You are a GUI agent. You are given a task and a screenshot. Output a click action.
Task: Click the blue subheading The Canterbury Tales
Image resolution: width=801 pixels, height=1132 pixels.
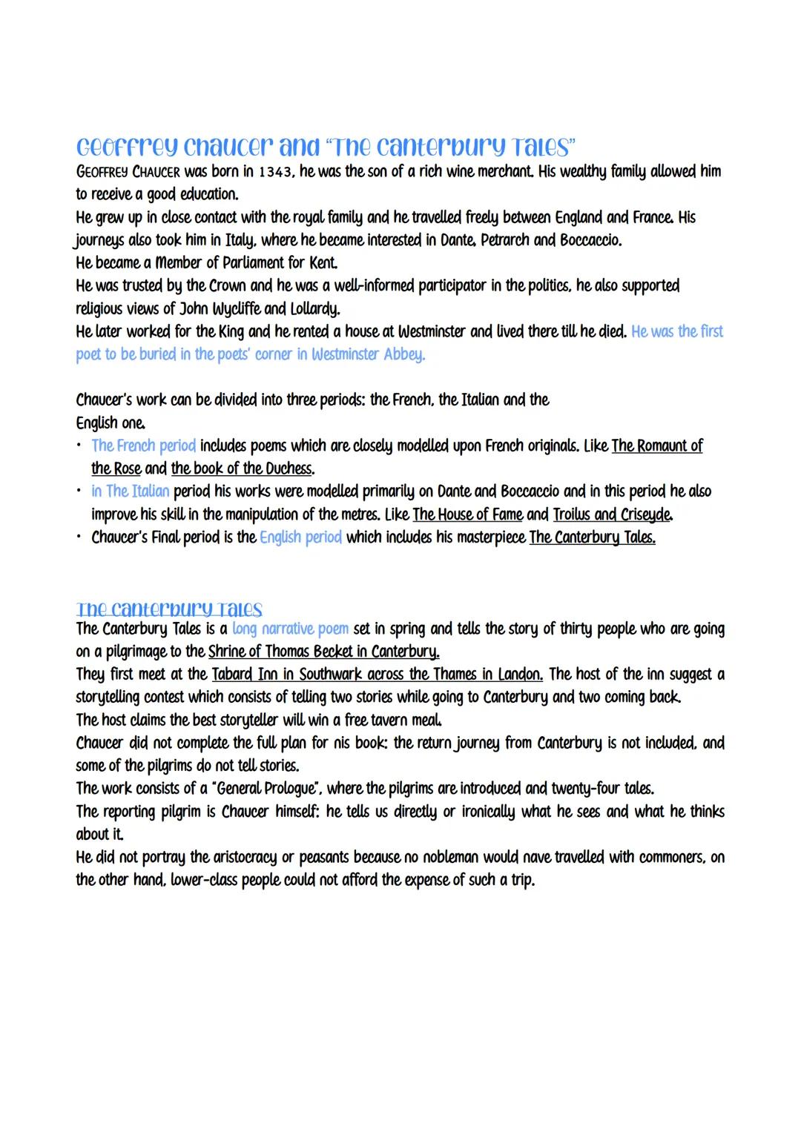[169, 609]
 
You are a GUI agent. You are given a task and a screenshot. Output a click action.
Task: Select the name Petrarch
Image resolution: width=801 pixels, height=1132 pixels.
[505, 240]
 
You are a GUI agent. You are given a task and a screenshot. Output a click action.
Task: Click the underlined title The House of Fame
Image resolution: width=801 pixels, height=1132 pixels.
[467, 514]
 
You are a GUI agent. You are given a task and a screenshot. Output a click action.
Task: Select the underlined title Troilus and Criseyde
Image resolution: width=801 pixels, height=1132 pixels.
[613, 514]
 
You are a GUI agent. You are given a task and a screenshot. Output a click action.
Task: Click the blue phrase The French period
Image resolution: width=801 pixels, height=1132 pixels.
[143, 446]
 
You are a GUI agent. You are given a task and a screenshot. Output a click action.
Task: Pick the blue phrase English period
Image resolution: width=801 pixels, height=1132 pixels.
[300, 537]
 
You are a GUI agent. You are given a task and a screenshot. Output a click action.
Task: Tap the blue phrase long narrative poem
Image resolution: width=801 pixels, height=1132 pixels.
[290, 629]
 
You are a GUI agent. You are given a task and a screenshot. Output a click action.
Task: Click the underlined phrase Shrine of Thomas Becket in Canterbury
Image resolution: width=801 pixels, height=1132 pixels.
[323, 652]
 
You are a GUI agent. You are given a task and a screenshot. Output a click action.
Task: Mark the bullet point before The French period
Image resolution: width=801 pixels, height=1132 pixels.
[79, 446]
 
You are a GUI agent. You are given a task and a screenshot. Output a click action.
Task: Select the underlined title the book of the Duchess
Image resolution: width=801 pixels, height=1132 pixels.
[242, 469]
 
